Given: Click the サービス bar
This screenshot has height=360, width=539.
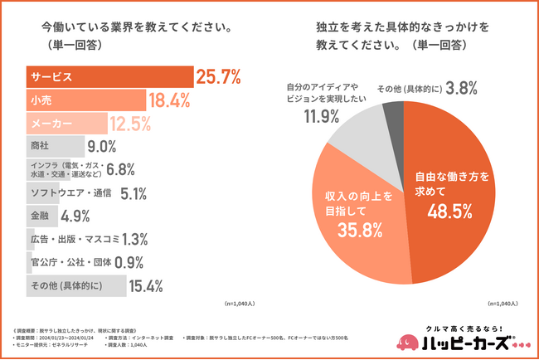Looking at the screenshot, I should [x=109, y=77].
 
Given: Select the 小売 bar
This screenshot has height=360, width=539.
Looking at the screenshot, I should [x=87, y=100].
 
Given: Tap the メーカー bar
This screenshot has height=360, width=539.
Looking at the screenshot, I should [x=67, y=124].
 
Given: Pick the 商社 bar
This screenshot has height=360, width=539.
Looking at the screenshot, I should [x=55, y=147].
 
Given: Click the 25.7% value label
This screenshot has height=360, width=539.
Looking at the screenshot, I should [x=218, y=78].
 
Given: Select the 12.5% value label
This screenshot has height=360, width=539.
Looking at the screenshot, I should [x=129, y=124].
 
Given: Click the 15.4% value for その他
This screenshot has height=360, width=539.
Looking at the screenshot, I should [x=145, y=286].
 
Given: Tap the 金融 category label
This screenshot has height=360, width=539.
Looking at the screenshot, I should [x=40, y=216].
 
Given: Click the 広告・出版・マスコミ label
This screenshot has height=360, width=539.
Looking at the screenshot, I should [x=73, y=240].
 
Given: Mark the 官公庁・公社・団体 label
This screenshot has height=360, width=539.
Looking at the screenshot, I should [x=67, y=263].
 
